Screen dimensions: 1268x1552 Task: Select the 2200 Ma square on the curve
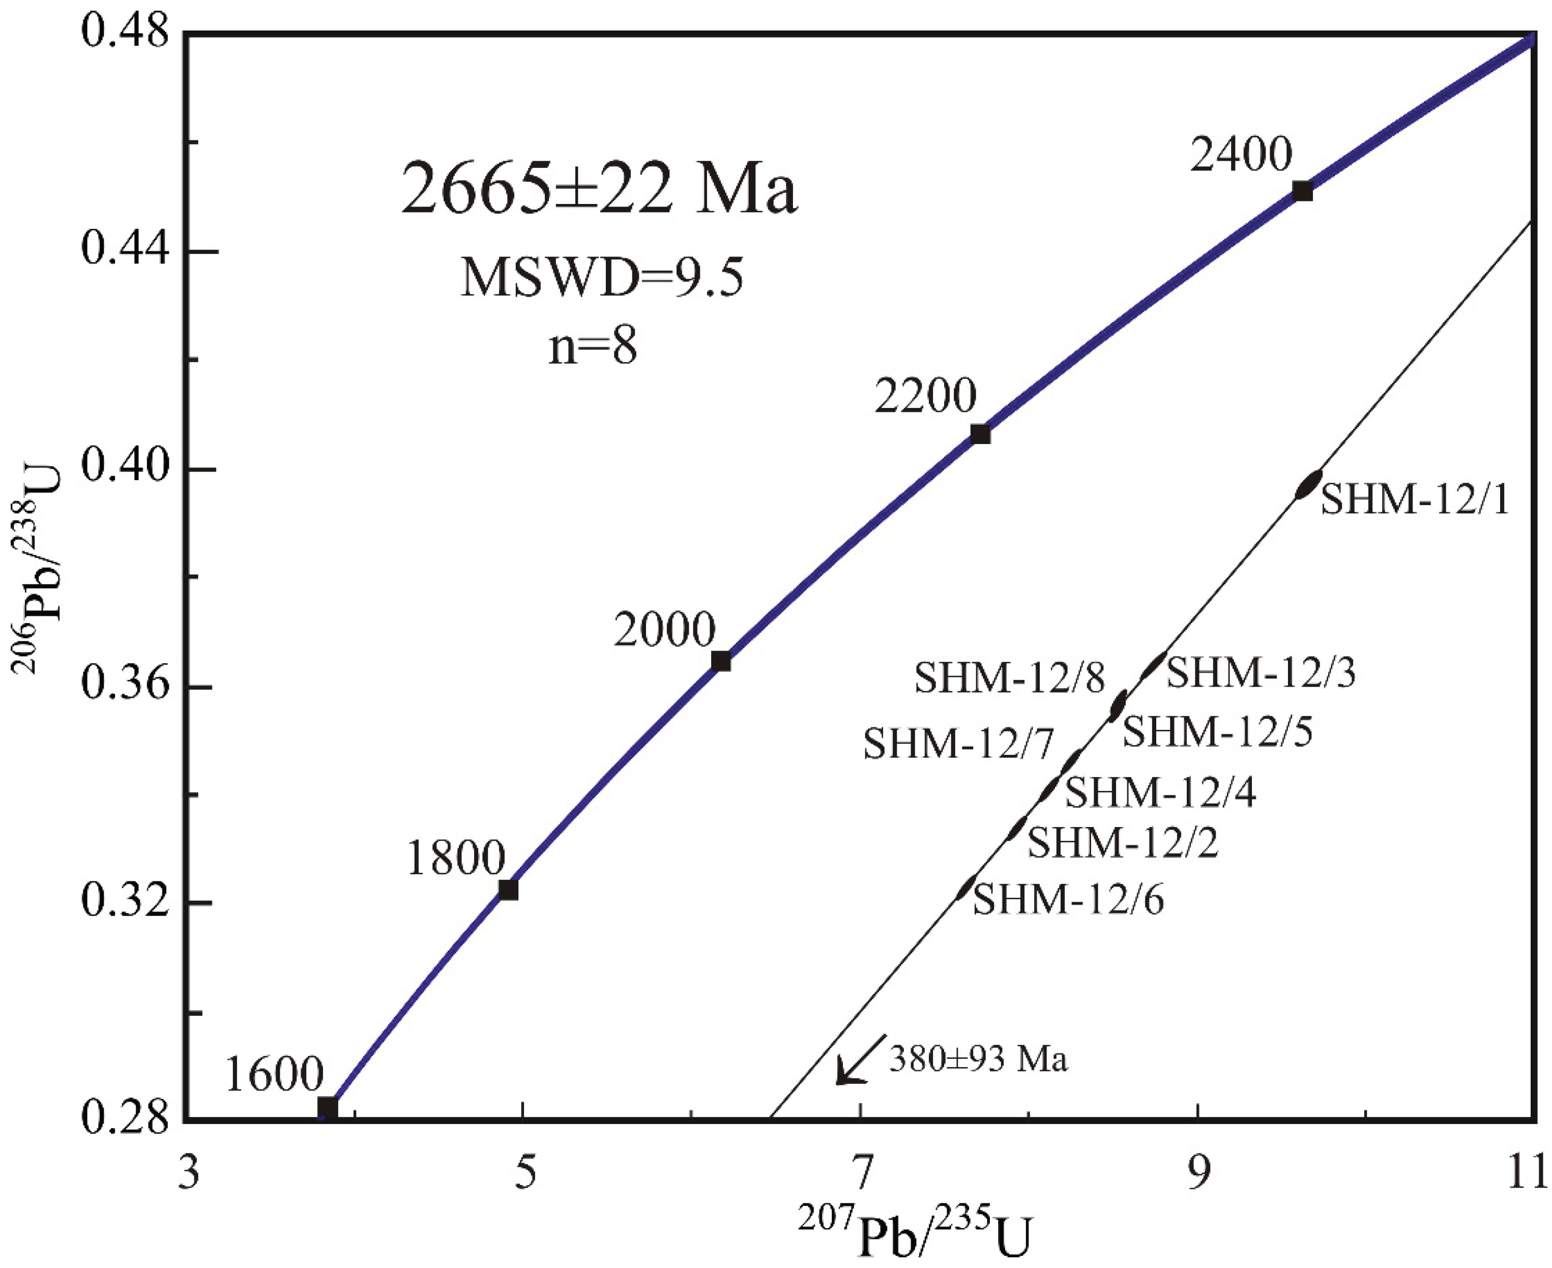click(980, 434)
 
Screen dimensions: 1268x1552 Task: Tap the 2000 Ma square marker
click(721, 661)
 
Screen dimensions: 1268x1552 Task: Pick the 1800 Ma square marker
click(508, 890)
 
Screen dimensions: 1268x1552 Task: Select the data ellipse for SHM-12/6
click(965, 888)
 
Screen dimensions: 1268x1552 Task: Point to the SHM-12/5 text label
click(1217, 731)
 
